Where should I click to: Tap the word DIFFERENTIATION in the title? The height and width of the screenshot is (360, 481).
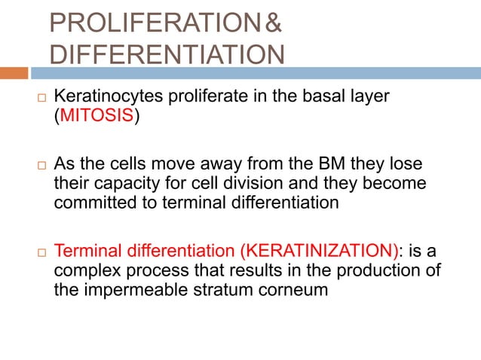(167, 54)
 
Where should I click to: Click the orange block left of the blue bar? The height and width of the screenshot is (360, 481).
(14, 74)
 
